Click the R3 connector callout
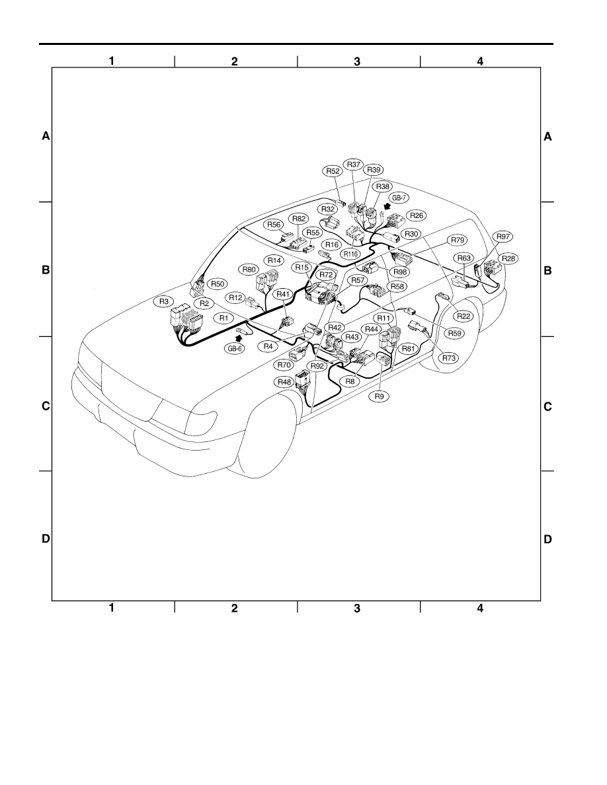(164, 301)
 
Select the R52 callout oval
(333, 170)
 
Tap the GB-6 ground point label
(235, 348)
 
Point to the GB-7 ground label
(399, 198)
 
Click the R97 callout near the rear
(503, 237)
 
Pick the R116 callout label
(350, 254)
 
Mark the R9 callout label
(379, 396)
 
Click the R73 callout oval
(449, 358)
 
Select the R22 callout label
(464, 316)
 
